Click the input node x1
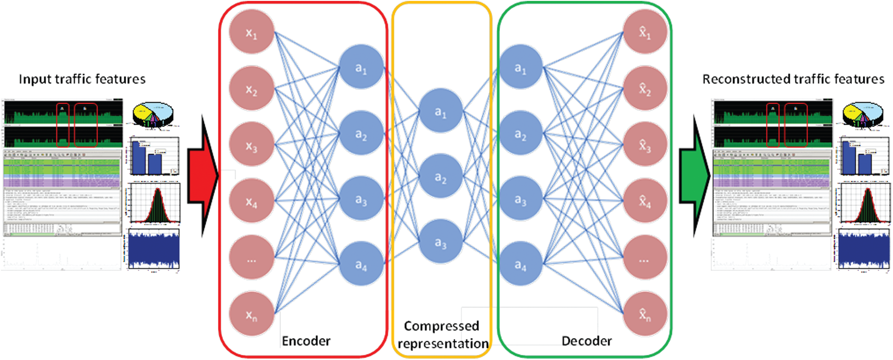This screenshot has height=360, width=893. pos(251,32)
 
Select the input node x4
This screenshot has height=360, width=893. pos(251,201)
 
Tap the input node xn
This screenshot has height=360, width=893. pos(251,314)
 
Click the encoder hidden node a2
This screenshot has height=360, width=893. pos(361,134)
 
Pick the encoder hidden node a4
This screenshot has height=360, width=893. pos(361,264)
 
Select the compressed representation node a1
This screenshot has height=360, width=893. pos(441,111)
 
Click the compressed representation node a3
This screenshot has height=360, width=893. pos(441,242)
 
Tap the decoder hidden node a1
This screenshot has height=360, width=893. pos(521,68)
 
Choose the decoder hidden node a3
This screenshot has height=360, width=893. pos(521,199)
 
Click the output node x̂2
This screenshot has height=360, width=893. pos(645,88)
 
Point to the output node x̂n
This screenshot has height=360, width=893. pos(645,314)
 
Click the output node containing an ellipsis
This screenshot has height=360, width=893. pos(645,258)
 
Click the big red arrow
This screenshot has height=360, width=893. pos(204,176)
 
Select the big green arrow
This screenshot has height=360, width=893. pos(695,176)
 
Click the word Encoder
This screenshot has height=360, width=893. pos(306,341)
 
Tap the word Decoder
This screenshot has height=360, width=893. pos(586,341)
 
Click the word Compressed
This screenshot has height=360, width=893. pos(441,326)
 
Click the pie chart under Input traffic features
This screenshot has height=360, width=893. pos(153,114)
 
